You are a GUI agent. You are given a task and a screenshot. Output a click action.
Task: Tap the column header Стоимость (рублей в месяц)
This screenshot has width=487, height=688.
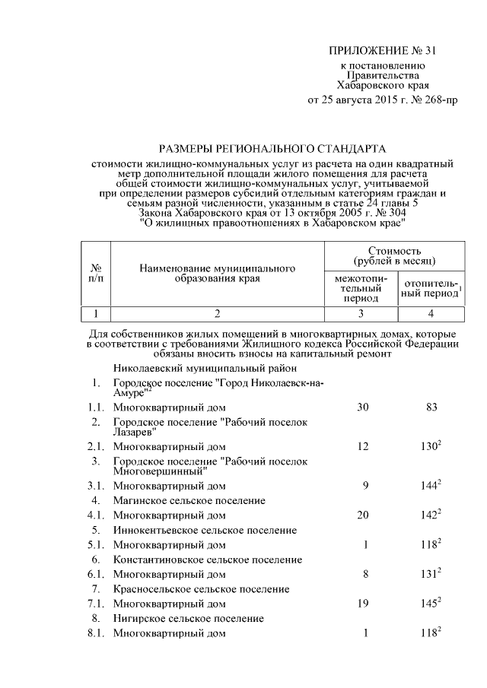pos(394,256)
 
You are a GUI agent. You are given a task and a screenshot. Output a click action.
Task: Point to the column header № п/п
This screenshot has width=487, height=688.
pos(97,273)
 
